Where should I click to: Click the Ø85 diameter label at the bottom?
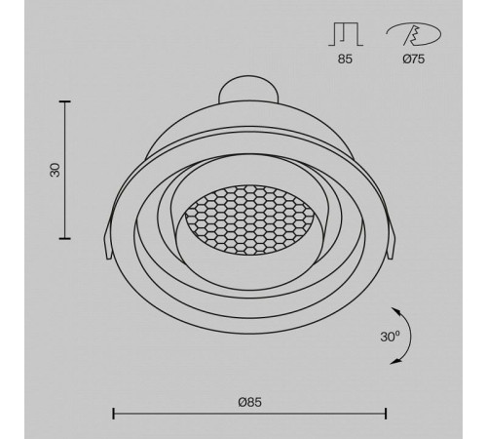tap(249, 402)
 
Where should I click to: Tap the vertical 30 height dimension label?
tap(55, 170)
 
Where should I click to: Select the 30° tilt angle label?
tap(390, 337)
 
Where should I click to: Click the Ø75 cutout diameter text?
tap(414, 60)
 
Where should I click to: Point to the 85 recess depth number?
tap(345, 60)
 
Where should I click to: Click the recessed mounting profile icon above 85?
tap(346, 34)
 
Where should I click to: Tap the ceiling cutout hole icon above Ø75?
tap(414, 34)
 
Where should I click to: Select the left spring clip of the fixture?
tap(108, 242)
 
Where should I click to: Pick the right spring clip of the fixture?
tap(392, 242)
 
